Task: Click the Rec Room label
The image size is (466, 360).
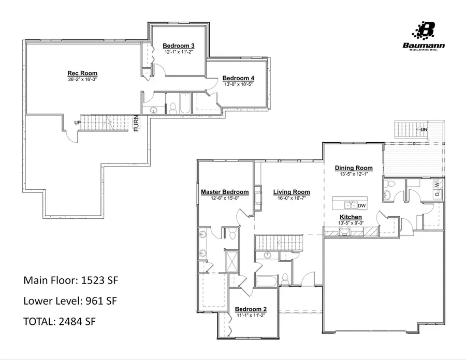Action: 82,73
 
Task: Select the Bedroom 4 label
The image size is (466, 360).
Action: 239,78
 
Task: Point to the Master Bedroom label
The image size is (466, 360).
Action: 225,192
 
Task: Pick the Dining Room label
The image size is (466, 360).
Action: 354,168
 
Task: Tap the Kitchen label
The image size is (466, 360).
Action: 351,217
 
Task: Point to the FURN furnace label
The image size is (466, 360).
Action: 136,123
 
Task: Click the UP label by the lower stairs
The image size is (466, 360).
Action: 78,123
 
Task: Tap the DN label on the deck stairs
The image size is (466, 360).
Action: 424,129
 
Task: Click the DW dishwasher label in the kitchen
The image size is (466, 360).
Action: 361,205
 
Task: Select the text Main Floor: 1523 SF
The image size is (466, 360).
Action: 72,280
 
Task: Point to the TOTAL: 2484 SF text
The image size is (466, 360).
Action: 60,321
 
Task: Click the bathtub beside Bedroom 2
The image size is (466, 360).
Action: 266,281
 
